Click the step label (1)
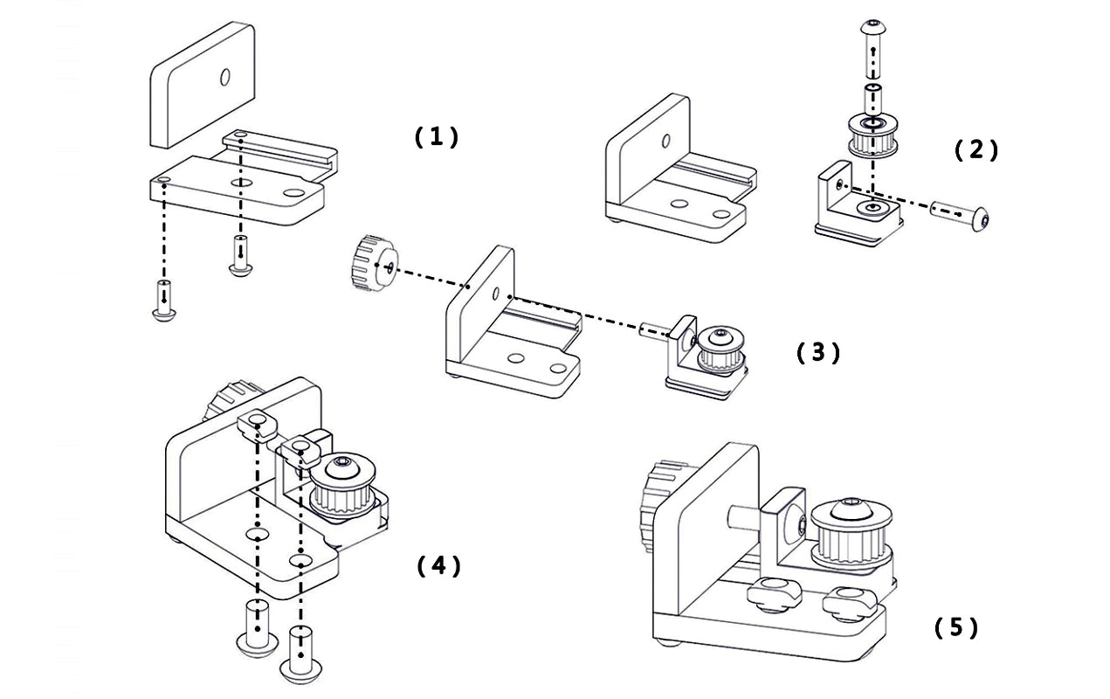click(435, 136)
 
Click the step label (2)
click(976, 150)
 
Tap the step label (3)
click(818, 352)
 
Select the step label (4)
click(438, 566)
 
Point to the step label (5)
click(956, 627)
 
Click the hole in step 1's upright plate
click(224, 78)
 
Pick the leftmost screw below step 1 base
click(163, 301)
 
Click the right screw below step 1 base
click(240, 256)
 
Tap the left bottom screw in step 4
click(257, 631)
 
